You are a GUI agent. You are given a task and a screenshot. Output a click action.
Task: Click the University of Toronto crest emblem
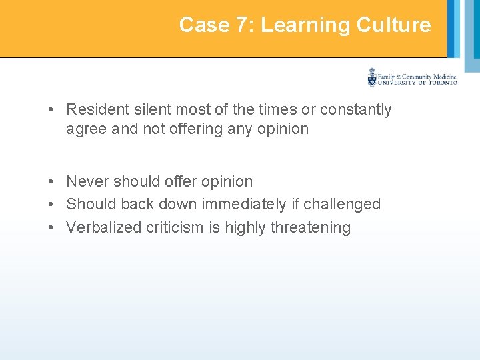coord(372,77)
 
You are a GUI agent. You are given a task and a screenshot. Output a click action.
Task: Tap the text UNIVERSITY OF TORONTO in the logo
coord(417,83)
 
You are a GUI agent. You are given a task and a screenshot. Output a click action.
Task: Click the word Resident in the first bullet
coord(95,109)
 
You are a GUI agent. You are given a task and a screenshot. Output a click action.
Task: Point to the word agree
coord(86,129)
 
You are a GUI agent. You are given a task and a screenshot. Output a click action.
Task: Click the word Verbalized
coord(99,227)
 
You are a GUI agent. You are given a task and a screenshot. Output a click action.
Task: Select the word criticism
coord(170,227)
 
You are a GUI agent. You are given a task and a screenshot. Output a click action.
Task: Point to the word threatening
coord(310,227)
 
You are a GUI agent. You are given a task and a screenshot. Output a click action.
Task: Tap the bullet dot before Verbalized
coord(51,228)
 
